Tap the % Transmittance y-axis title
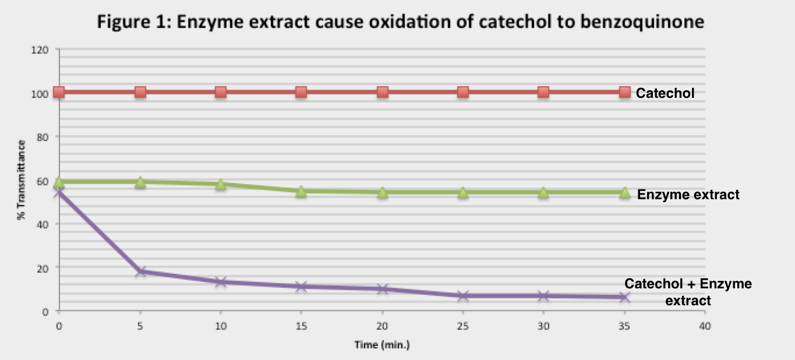click(22, 179)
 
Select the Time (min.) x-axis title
click(382, 345)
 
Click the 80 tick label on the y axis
click(43, 137)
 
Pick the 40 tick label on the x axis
click(705, 326)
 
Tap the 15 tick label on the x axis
click(301, 326)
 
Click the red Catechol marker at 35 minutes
click(624, 92)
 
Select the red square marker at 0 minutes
click(59, 92)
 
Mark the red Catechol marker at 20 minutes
click(382, 92)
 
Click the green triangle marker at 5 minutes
click(140, 182)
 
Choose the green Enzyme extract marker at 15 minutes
click(301, 191)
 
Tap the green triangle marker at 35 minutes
click(624, 193)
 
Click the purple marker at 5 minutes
click(140, 271)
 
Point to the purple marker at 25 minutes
click(463, 296)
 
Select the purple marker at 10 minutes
click(221, 282)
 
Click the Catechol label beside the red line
click(665, 93)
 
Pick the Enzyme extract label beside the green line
click(688, 194)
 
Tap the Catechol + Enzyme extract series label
click(688, 292)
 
